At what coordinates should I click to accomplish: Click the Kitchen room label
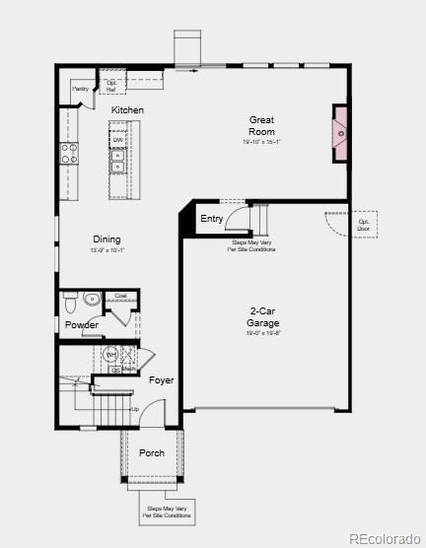[x=127, y=110]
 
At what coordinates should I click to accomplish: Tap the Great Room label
[x=261, y=126]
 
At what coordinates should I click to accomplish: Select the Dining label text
[x=107, y=240]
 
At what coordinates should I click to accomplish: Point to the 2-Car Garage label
[x=263, y=317]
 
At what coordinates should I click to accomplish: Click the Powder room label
[x=82, y=325]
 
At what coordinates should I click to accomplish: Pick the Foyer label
[x=161, y=379]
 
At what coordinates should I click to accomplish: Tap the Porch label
[x=152, y=453]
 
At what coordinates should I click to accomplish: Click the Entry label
[x=211, y=219]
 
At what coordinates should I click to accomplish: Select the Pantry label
[x=81, y=89]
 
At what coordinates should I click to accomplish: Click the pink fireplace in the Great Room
[x=340, y=132]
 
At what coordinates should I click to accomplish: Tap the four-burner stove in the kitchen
[x=70, y=153]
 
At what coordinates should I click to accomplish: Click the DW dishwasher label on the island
[x=117, y=140]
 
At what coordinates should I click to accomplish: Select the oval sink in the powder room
[x=92, y=299]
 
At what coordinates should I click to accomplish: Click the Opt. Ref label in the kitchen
[x=110, y=86]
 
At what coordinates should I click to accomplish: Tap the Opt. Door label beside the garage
[x=364, y=226]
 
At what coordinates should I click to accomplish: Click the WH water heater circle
[x=111, y=353]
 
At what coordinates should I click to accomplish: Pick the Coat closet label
[x=120, y=296]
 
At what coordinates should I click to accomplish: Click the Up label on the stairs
[x=135, y=408]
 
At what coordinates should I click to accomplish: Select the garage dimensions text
[x=263, y=333]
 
